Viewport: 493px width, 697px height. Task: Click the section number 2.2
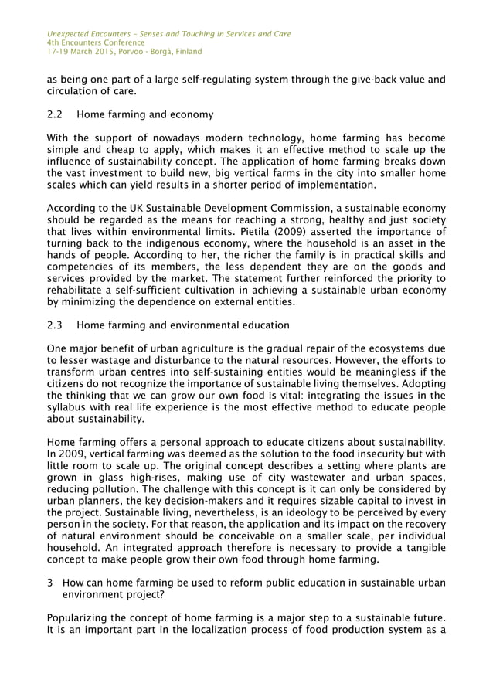pos(55,115)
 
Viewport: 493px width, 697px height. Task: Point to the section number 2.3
pos(55,325)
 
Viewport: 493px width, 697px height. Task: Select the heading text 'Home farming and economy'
pos(145,115)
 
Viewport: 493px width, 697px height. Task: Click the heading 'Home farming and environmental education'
pos(183,325)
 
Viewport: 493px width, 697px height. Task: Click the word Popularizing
pos(83,617)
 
